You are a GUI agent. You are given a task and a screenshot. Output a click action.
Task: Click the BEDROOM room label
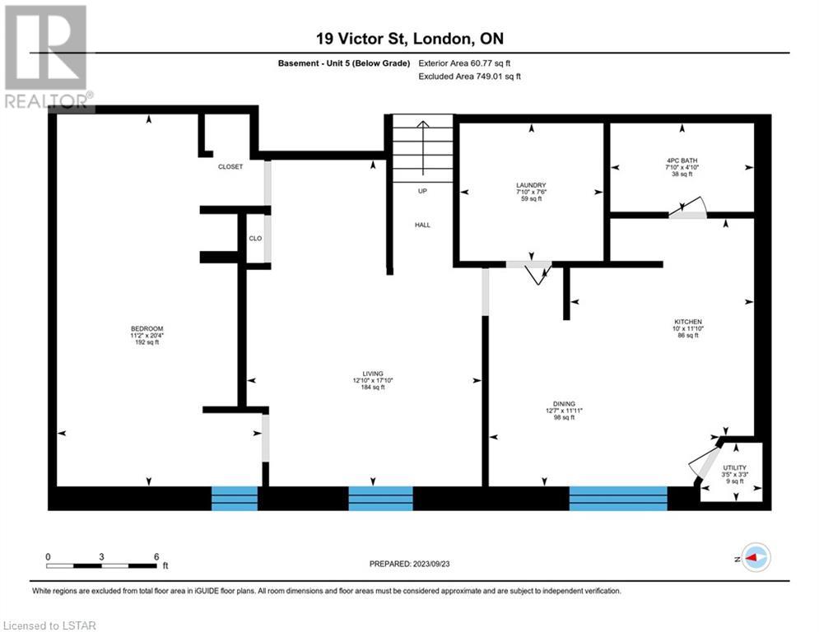click(147, 328)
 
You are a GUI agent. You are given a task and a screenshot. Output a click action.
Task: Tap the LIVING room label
click(373, 374)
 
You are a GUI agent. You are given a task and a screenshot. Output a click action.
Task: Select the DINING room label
click(564, 404)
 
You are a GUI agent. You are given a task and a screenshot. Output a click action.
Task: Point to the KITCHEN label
click(688, 322)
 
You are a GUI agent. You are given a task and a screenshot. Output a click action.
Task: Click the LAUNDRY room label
click(531, 185)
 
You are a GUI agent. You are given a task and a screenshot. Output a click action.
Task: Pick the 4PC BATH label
click(682, 160)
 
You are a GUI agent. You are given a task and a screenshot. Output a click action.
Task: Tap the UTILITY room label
click(734, 467)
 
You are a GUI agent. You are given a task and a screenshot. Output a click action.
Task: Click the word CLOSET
click(230, 166)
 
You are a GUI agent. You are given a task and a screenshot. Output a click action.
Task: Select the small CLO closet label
click(255, 238)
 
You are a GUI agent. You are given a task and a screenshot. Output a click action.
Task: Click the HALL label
click(422, 225)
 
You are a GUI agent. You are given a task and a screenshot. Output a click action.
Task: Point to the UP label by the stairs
click(422, 191)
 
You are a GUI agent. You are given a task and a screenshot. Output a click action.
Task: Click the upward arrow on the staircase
click(422, 148)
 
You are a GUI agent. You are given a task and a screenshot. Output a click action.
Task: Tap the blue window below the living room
click(380, 499)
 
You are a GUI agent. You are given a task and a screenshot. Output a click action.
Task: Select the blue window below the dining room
click(618, 499)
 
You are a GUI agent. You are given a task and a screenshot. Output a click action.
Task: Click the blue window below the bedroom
click(235, 499)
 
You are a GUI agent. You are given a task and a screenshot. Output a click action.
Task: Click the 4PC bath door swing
click(688, 210)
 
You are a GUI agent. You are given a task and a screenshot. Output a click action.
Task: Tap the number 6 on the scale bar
click(156, 557)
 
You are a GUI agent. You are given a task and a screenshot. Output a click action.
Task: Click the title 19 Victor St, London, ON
click(410, 38)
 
